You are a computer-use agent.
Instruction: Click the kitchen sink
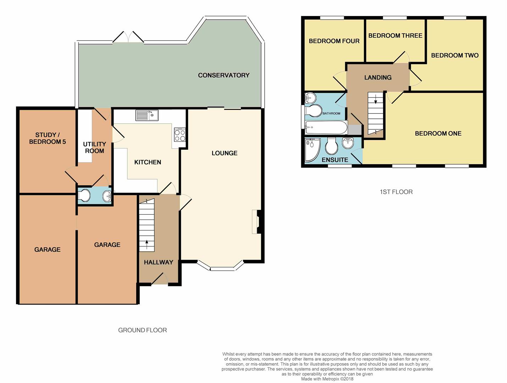pyautogui.click(x=147, y=115)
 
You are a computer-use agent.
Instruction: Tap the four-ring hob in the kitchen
pyautogui.click(x=180, y=135)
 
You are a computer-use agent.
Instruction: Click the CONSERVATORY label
pyautogui.click(x=224, y=75)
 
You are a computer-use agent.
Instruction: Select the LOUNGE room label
pyautogui.click(x=225, y=153)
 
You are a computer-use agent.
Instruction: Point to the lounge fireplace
pyautogui.click(x=257, y=222)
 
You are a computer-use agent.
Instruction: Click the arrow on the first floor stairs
pyautogui.click(x=376, y=99)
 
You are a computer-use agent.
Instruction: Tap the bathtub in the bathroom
pyautogui.click(x=326, y=127)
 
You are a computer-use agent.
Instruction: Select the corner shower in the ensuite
pyautogui.click(x=313, y=150)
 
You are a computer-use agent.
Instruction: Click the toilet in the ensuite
pyautogui.click(x=331, y=146)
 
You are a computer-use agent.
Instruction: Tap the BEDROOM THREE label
pyautogui.click(x=395, y=35)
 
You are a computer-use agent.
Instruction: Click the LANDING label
pyautogui.click(x=378, y=78)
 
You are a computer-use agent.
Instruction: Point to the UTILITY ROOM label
pyautogui.click(x=94, y=147)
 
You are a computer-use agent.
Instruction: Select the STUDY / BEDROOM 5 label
pyautogui.click(x=47, y=138)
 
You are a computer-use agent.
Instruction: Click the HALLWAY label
pyautogui.click(x=159, y=262)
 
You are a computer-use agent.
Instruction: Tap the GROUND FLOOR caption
pyautogui.click(x=143, y=330)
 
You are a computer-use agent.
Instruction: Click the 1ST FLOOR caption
pyautogui.click(x=396, y=192)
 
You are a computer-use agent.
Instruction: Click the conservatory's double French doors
pyautogui.click(x=128, y=37)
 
